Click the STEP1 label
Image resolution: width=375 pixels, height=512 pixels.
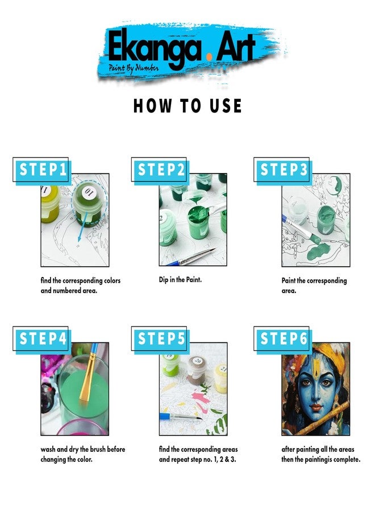coord(43,170)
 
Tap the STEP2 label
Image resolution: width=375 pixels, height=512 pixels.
coord(161,170)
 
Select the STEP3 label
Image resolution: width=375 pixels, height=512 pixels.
coord(284,170)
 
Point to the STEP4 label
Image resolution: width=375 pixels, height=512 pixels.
coord(43,338)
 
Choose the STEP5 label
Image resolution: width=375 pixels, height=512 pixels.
coord(161,338)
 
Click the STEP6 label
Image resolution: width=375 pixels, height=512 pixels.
coord(284,338)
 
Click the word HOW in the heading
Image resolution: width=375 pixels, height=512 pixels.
coord(152,106)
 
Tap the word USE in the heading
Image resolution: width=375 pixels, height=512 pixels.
coord(226,106)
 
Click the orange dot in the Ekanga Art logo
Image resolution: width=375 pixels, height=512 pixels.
coord(209,57)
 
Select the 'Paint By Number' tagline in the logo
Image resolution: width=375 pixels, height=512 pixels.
coord(134,68)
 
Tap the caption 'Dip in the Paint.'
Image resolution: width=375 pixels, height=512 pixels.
coord(180,280)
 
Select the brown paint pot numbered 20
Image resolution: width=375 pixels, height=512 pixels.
coord(197,369)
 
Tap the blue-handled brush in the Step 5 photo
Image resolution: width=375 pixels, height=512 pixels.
coord(180,416)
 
